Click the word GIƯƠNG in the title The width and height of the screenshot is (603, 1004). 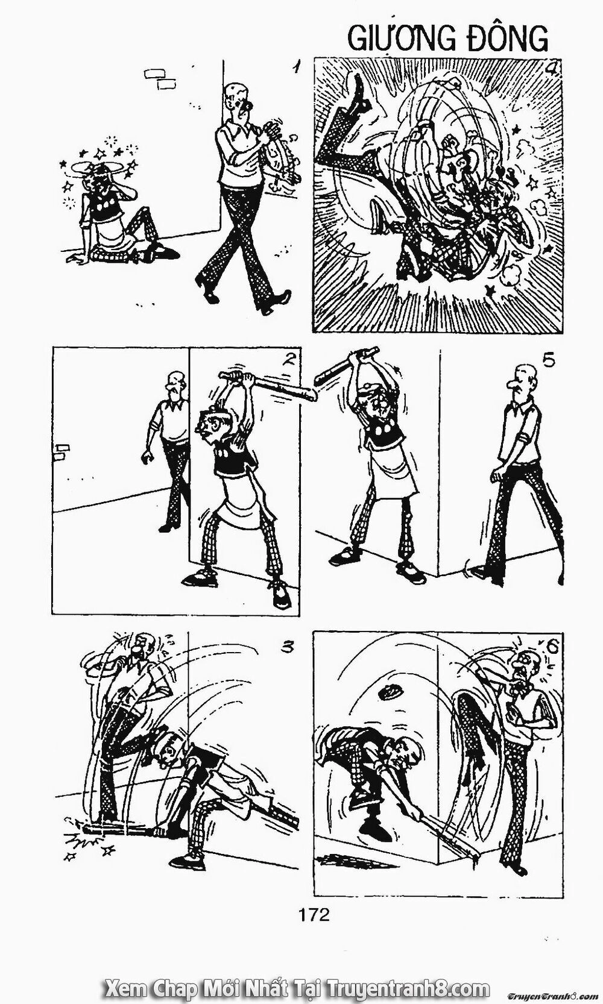click(400, 39)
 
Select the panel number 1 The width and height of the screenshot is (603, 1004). click(295, 67)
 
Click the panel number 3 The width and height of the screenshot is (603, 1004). click(288, 648)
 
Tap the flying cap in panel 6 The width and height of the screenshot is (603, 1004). click(390, 692)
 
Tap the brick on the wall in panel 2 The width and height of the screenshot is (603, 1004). click(61, 450)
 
